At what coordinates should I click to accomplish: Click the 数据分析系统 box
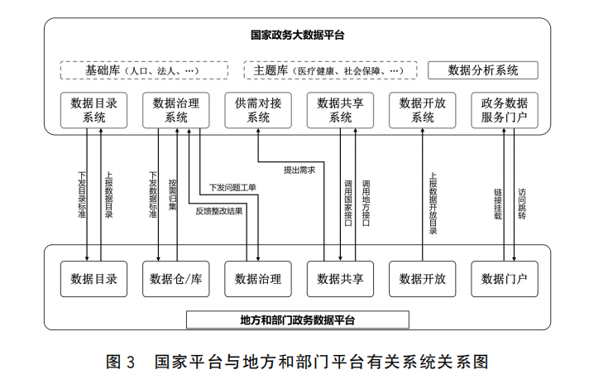[483, 70]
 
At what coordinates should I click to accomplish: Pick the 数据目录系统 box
[93, 110]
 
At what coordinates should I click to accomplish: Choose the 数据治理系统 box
[176, 110]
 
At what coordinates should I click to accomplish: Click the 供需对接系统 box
[258, 110]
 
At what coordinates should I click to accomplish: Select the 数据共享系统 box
[341, 110]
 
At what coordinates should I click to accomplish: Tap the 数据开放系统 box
[423, 110]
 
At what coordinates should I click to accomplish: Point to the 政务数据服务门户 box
[505, 110]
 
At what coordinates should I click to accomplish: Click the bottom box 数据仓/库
[176, 278]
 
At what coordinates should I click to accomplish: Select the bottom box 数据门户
[505, 278]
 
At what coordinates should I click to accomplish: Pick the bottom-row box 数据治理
[258, 278]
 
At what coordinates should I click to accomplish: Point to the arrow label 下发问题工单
[232, 188]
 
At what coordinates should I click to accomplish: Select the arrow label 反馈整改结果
[219, 211]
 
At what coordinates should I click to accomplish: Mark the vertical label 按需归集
[172, 195]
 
